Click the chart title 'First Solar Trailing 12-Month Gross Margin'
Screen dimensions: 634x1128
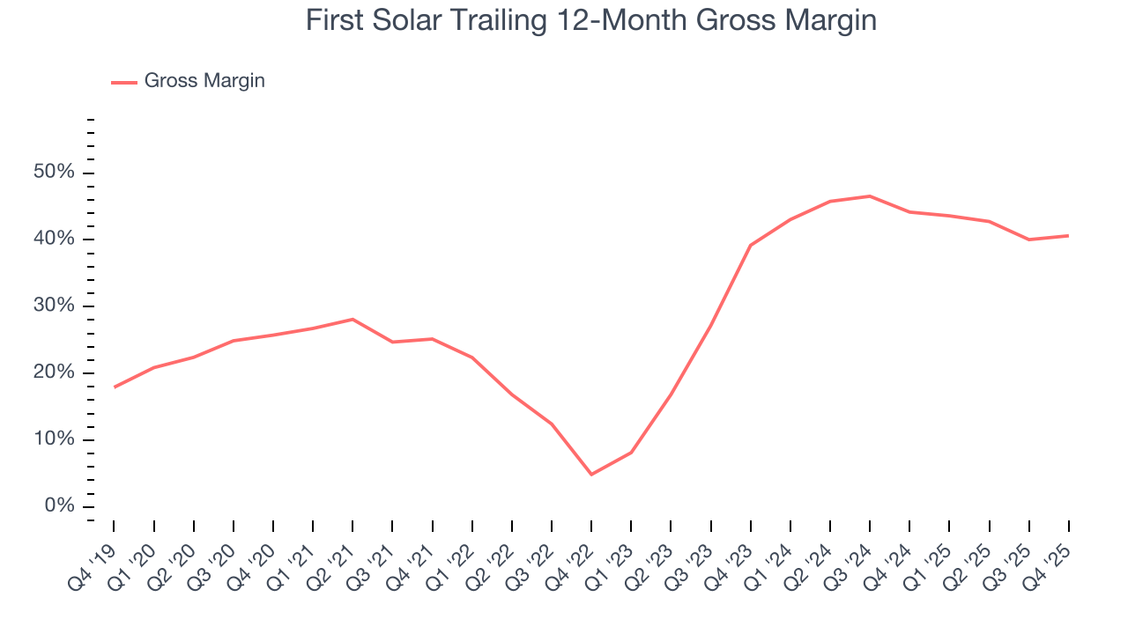pyautogui.click(x=591, y=21)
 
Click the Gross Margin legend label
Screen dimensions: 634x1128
pyautogui.click(x=204, y=81)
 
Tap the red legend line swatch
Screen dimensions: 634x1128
pyautogui.click(x=124, y=82)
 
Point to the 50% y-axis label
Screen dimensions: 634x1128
pyautogui.click(x=53, y=173)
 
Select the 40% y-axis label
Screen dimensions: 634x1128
pyautogui.click(x=53, y=240)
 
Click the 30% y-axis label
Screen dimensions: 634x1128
pyautogui.click(x=53, y=306)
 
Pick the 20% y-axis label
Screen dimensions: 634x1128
pyautogui.click(x=53, y=373)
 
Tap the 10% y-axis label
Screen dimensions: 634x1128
pyautogui.click(x=53, y=440)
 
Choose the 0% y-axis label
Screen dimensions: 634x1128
pyautogui.click(x=57, y=506)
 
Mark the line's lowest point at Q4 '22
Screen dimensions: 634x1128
pyautogui.click(x=591, y=475)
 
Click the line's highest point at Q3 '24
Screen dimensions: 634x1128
pyautogui.click(x=870, y=196)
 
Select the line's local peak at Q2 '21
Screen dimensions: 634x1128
pyautogui.click(x=352, y=319)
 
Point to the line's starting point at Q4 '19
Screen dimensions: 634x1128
pyautogui.click(x=115, y=387)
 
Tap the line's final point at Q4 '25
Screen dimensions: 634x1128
pyautogui.click(x=1068, y=235)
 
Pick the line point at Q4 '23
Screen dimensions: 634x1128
pyautogui.click(x=750, y=245)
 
